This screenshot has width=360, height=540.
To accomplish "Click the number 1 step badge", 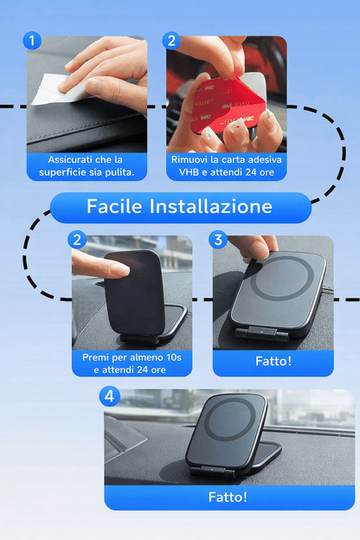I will pos(33,42).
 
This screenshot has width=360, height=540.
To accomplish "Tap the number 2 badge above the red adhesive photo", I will pos(171,42).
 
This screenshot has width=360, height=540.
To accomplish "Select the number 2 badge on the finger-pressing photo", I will pos(79,240).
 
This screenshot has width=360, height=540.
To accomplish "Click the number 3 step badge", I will pos(219,240).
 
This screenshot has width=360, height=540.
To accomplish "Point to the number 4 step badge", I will pos(109,396).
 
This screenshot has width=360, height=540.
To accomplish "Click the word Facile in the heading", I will pos(115,207).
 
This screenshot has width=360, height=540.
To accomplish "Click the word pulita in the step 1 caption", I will pos(118,173).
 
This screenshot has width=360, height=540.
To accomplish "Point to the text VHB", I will pos(189,173).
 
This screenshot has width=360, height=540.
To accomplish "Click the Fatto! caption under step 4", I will pos(228,497).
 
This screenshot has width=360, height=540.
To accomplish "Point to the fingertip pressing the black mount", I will pos(98,267).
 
